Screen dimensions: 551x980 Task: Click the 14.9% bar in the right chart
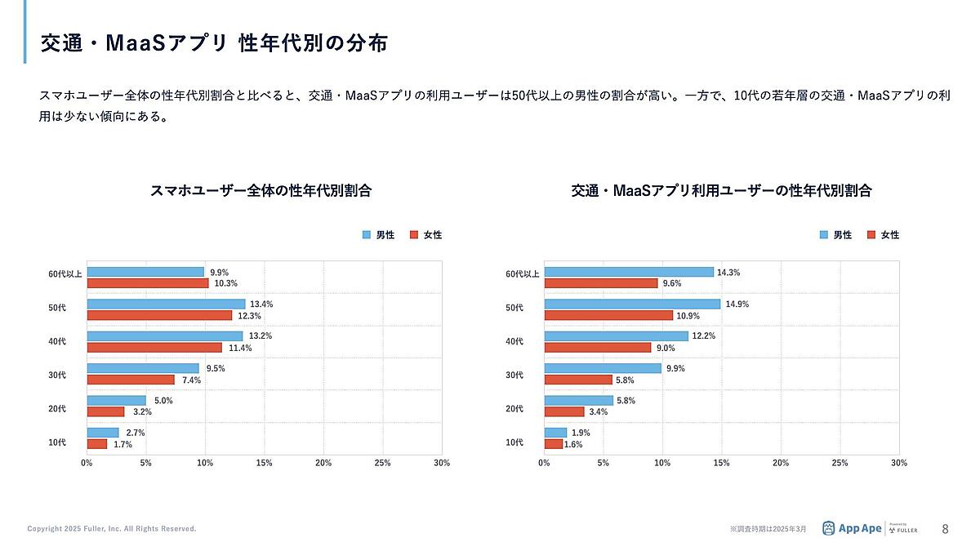pyautogui.click(x=632, y=304)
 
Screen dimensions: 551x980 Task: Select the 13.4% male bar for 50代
pyautogui.click(x=166, y=304)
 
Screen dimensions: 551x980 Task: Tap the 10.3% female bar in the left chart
pyautogui.click(x=148, y=283)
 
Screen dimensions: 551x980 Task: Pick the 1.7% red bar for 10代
pyautogui.click(x=97, y=444)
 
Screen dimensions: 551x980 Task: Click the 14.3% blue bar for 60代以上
pyautogui.click(x=629, y=272)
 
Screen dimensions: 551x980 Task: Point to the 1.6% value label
pyautogui.click(x=572, y=445)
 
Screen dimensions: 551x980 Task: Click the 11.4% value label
pyautogui.click(x=240, y=348)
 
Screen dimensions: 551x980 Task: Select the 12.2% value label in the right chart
pyautogui.click(x=705, y=336)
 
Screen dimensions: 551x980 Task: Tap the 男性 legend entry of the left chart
pyautogui.click(x=378, y=235)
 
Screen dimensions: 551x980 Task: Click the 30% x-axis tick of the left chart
pyautogui.click(x=441, y=463)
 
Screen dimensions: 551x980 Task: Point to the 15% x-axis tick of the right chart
pyautogui.click(x=721, y=463)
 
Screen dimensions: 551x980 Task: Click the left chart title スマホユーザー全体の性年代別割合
pyautogui.click(x=261, y=191)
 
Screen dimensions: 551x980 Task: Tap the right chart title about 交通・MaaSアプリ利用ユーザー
pyautogui.click(x=721, y=191)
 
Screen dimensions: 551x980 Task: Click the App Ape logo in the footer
pyautogui.click(x=852, y=529)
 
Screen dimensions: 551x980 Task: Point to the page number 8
pyautogui.click(x=945, y=529)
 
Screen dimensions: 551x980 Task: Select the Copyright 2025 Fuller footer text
pyautogui.click(x=112, y=529)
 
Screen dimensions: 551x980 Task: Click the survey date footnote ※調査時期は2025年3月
pyautogui.click(x=768, y=530)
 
